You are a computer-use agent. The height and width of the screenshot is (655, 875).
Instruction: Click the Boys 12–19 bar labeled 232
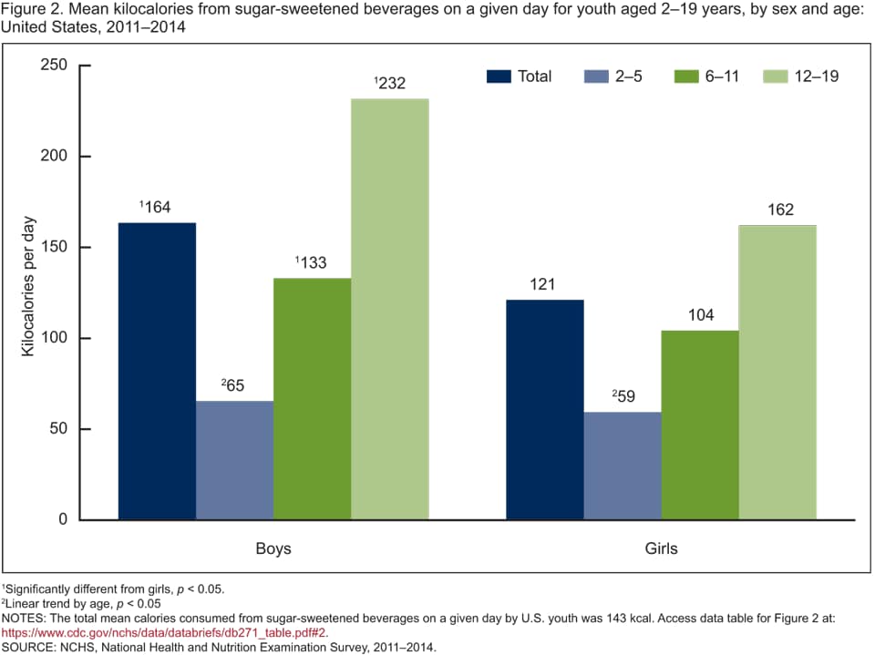click(390, 309)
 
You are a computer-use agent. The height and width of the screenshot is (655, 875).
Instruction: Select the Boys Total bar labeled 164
click(157, 371)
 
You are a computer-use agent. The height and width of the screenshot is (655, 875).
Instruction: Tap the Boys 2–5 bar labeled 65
click(234, 460)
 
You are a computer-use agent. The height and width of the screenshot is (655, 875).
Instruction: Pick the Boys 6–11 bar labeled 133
click(312, 398)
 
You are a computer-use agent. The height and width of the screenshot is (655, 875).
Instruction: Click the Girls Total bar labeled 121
click(545, 409)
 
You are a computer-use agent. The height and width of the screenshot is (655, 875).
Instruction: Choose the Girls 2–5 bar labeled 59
click(623, 466)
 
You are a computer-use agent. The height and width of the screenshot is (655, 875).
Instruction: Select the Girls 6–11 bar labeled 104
click(700, 425)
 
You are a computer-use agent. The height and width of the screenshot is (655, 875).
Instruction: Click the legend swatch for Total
click(498, 77)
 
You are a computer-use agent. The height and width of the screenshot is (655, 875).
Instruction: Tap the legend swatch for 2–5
click(594, 77)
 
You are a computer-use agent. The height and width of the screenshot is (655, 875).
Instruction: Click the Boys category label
click(273, 549)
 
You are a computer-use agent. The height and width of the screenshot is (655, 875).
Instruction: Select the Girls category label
click(661, 549)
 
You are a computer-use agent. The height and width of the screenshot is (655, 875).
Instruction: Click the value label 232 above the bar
click(390, 83)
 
